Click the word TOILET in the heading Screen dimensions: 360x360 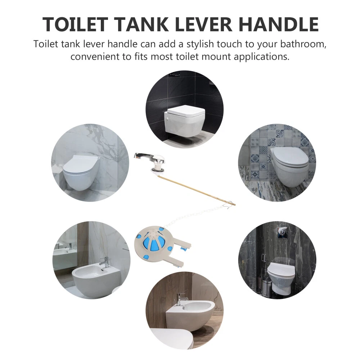point(75,24)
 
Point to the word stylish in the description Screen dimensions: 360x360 point(200,44)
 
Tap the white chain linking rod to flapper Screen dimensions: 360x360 point(195,215)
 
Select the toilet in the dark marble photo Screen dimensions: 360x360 point(281,278)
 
